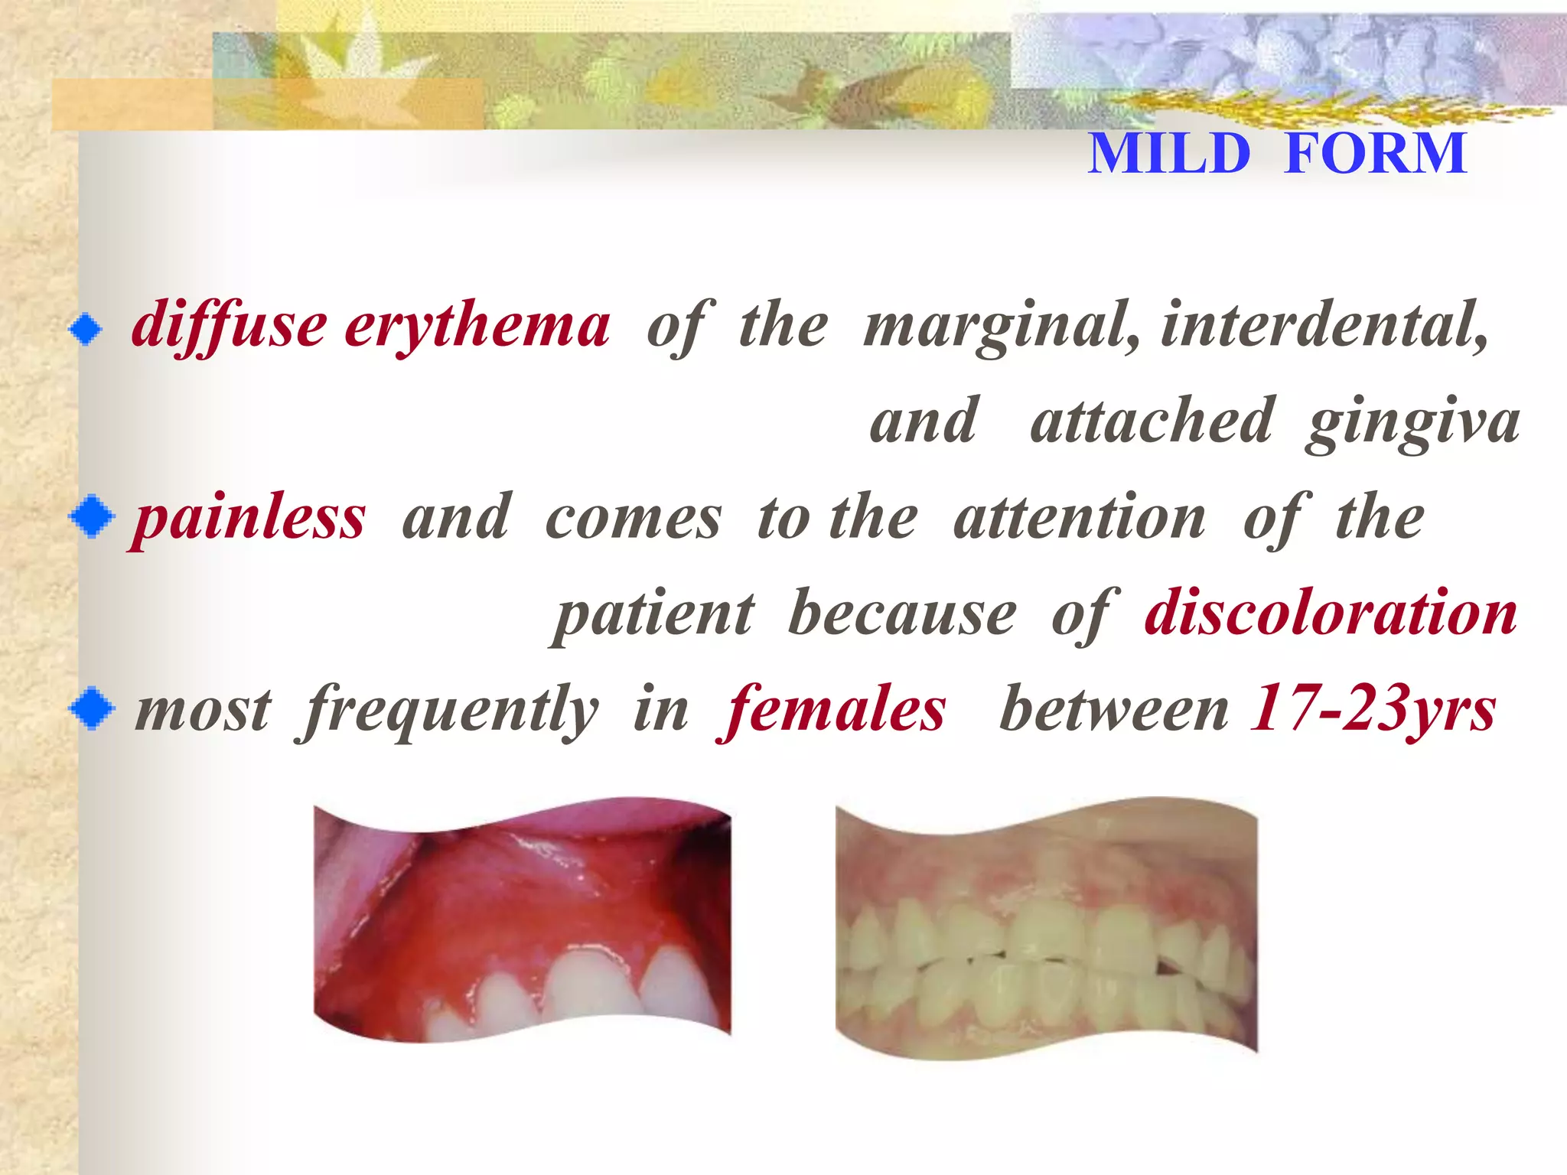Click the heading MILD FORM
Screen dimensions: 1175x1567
[x=1276, y=154]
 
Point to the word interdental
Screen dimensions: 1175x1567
[x=1324, y=325]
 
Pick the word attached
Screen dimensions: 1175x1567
[x=1152, y=421]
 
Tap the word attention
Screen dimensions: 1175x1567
[x=1080, y=518]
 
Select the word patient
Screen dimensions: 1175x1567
[x=654, y=614]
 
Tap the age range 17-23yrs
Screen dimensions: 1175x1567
[x=1372, y=709]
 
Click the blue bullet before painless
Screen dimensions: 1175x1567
[x=92, y=517]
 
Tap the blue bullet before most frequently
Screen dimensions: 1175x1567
[x=92, y=708]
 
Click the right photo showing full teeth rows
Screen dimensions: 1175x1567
[x=1046, y=926]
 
